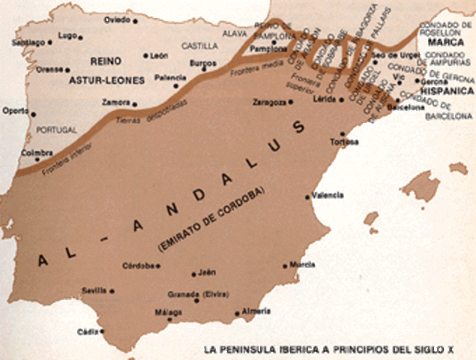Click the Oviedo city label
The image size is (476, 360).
coord(115,19)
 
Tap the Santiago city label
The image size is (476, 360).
coord(28,43)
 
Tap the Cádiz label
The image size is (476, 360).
coord(86,331)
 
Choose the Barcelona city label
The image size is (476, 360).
coord(406,107)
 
